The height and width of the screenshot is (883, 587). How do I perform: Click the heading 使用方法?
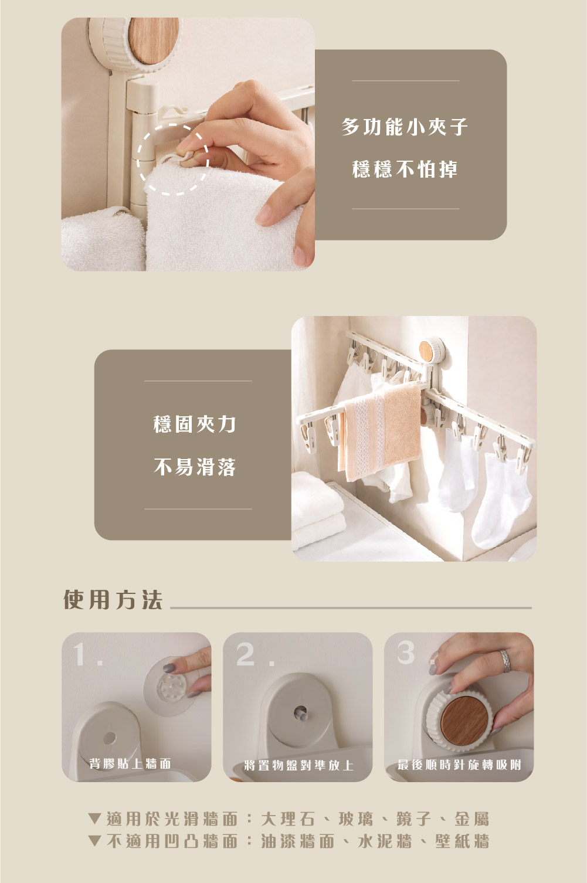113,600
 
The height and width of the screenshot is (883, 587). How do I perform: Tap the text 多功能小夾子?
405,127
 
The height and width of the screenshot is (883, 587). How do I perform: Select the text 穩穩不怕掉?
405,169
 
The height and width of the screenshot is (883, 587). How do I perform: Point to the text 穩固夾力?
195,424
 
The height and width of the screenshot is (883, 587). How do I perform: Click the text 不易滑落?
195,467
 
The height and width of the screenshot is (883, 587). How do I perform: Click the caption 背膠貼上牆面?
130,763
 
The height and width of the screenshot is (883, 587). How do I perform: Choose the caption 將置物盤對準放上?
298,766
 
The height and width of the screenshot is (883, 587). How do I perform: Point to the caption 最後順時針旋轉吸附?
459,765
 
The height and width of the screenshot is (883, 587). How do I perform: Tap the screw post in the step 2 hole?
301,712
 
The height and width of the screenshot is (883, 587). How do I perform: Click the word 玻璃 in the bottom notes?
356,819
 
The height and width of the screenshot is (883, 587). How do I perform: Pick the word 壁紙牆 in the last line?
463,841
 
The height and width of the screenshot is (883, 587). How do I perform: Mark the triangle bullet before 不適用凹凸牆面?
94,841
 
